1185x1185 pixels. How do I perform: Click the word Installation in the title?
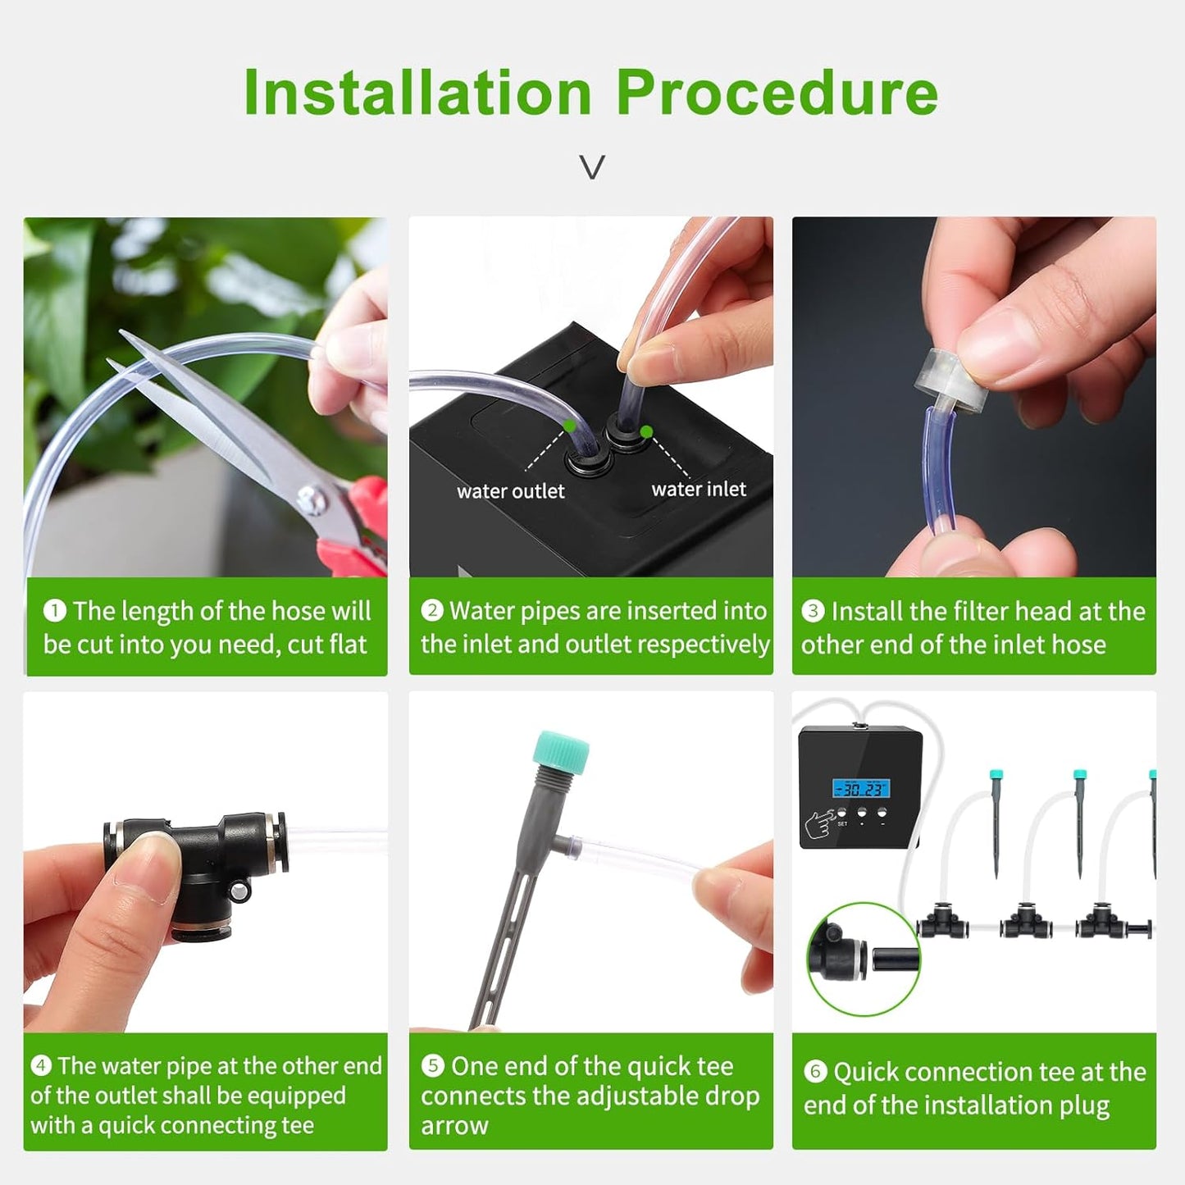point(417,93)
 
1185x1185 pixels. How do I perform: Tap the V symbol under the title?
point(592,167)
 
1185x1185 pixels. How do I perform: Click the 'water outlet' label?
point(510,491)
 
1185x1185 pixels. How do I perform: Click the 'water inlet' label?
point(699,490)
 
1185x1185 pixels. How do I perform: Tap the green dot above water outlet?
point(569,426)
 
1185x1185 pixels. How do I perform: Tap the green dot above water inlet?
point(646,431)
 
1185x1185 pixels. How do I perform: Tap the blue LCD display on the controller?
point(861,789)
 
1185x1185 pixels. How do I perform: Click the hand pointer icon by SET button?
point(820,823)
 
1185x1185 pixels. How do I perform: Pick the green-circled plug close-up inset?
point(864,959)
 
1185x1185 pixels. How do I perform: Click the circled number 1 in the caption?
point(54,610)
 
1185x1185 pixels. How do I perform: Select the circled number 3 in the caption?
point(813,610)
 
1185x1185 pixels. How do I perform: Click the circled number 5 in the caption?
point(432,1065)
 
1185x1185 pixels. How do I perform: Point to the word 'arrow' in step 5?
point(454,1125)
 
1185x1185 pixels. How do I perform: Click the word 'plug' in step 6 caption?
point(1084,1105)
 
